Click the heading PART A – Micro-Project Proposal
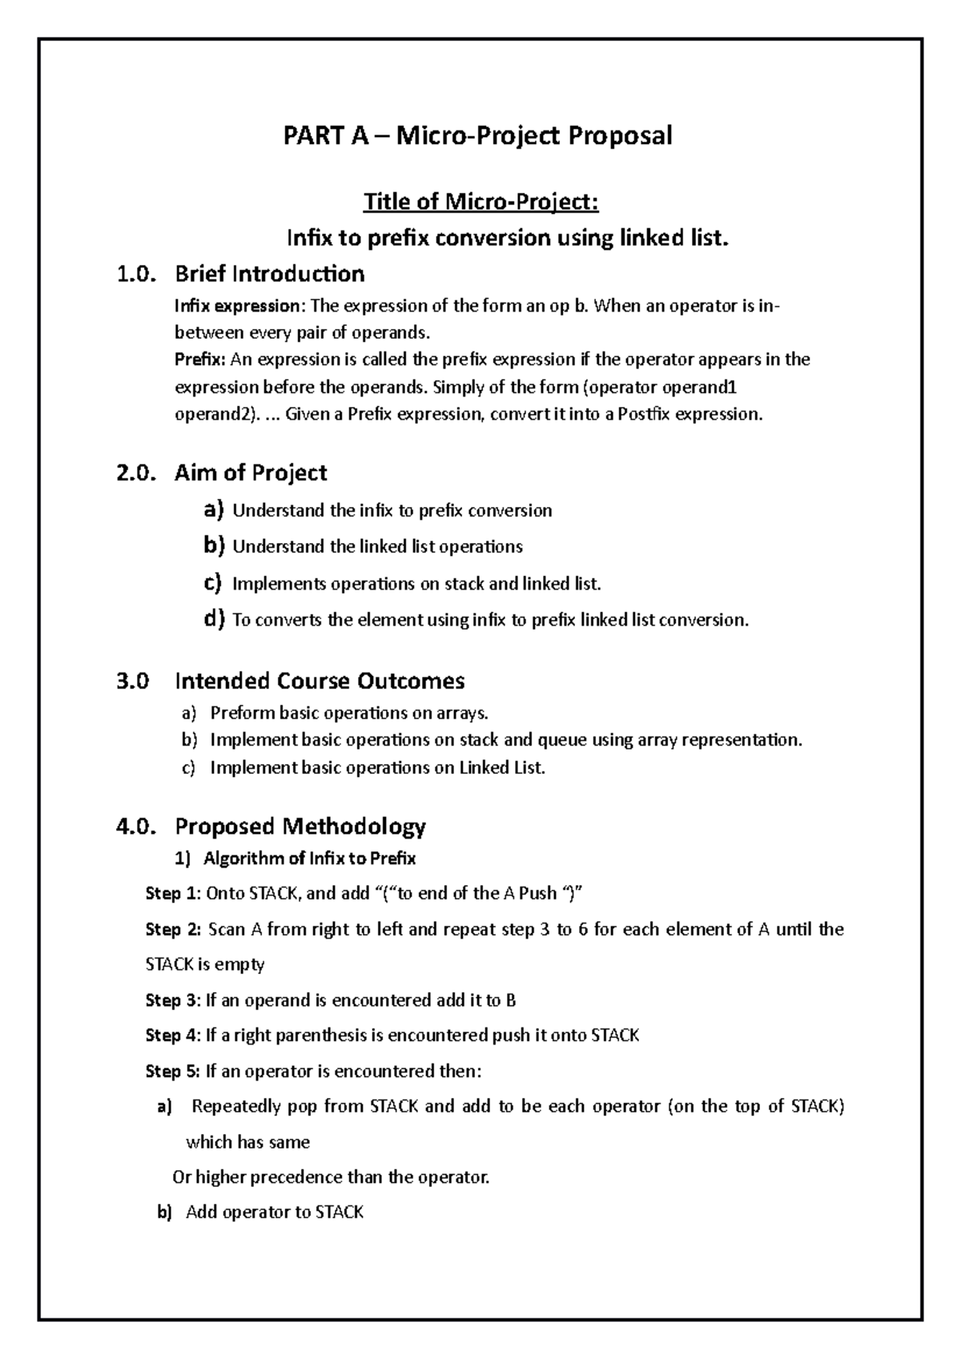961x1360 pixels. (478, 135)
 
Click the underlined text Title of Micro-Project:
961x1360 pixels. (480, 202)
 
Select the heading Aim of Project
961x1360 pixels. (251, 473)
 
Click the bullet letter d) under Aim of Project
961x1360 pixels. (214, 619)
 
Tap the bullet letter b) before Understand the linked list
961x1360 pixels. (214, 546)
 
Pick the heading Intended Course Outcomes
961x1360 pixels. (320, 682)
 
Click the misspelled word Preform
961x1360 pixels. (237, 713)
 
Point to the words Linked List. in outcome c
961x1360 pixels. (501, 767)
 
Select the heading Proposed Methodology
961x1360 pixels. (300, 826)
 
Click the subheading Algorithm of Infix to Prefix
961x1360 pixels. (309, 859)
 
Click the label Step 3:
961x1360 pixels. (173, 1000)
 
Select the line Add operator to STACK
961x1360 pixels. (275, 1213)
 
